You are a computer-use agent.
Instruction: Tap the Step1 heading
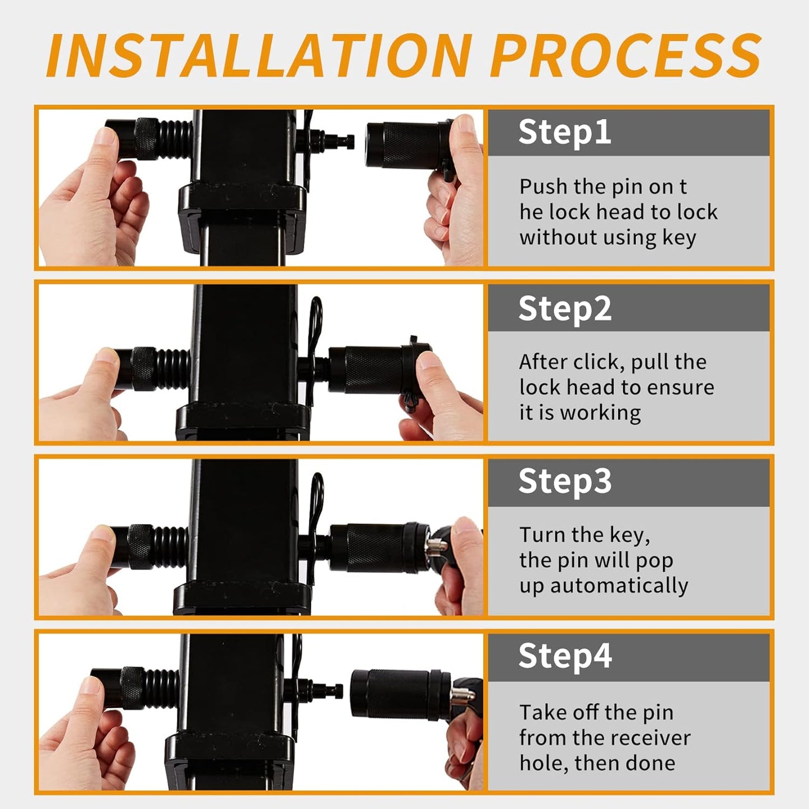564,132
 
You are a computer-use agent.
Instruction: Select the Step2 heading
564,308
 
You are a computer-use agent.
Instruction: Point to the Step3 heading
564,481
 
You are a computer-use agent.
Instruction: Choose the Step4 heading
564,656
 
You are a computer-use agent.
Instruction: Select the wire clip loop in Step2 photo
316,319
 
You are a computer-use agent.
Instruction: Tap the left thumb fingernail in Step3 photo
101,532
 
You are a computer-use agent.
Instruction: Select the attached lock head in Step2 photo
370,370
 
